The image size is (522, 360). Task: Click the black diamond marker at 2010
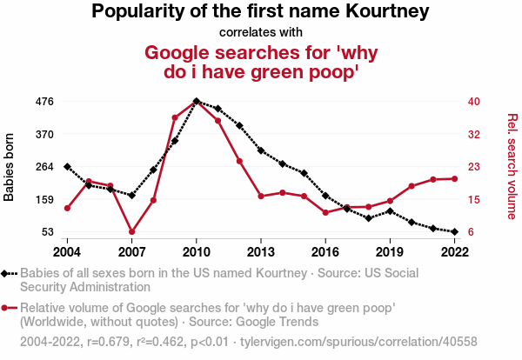point(197,102)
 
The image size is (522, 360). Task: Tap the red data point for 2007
point(131,232)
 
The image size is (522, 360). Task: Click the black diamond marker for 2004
point(67,166)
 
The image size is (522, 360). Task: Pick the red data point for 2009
point(175,117)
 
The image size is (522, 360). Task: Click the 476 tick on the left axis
point(44,102)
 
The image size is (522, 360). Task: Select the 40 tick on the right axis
point(474,102)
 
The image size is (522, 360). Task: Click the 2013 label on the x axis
point(261,251)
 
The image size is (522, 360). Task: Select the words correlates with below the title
point(261,33)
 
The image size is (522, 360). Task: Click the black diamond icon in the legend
point(8,273)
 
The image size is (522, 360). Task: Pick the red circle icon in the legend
point(8,308)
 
